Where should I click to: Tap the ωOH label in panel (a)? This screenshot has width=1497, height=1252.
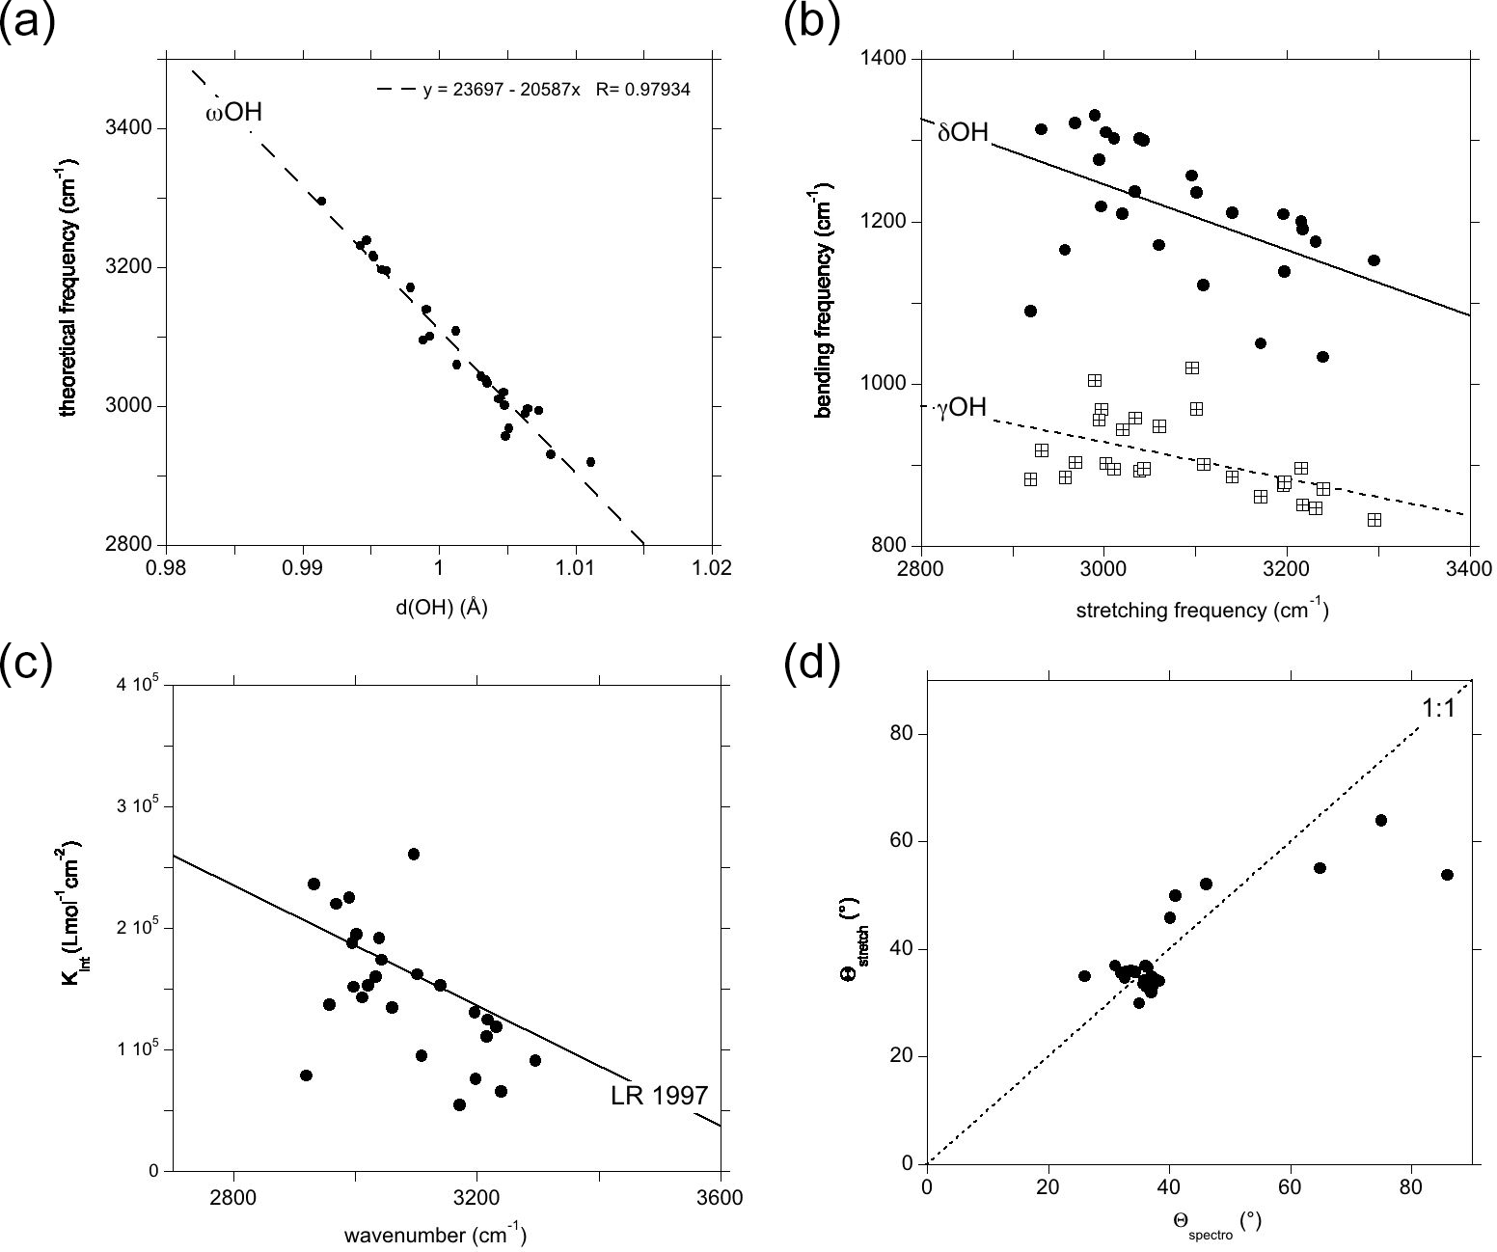[233, 114]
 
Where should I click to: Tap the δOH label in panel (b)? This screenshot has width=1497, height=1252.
[963, 132]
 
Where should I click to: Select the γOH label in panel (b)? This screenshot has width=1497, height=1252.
[962, 408]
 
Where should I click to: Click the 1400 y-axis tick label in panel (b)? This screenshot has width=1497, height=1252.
[885, 59]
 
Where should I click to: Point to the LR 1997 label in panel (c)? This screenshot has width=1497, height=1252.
[660, 1096]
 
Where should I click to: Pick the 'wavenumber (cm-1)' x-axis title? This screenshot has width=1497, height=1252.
[435, 1236]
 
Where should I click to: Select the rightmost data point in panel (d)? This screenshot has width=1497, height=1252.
[1447, 875]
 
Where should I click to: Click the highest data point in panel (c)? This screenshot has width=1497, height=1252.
[414, 854]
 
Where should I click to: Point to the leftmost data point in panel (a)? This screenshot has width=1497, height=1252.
[322, 201]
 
